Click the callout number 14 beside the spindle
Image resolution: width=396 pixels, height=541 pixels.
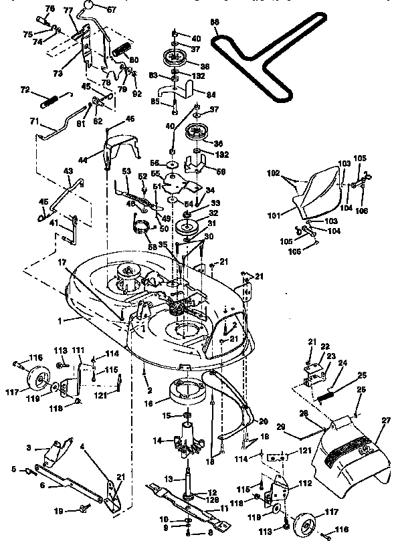pyautogui.click(x=157, y=440)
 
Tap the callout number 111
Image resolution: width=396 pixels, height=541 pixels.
pyautogui.click(x=78, y=350)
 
